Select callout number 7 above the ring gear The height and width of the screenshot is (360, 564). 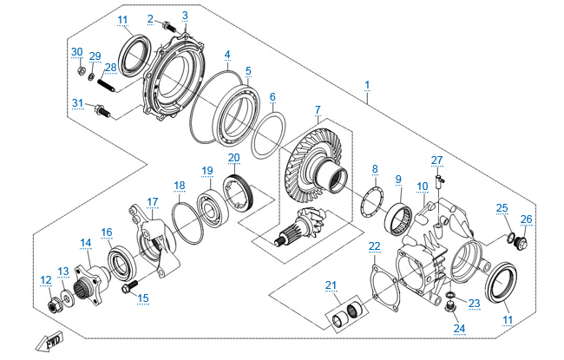318,110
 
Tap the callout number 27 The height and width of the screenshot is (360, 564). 436,160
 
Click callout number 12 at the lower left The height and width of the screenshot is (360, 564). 45,279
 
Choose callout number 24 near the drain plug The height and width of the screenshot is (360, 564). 459,328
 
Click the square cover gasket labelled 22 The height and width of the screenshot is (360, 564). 383,283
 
